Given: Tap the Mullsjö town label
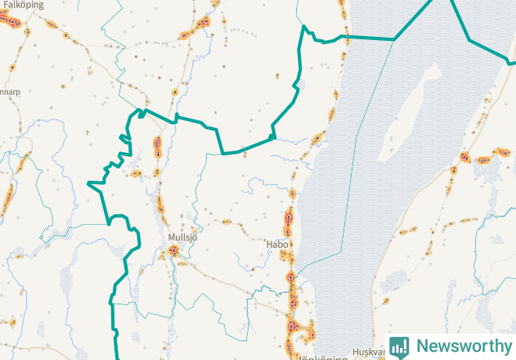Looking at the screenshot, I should point(183,237).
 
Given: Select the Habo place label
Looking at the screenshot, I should point(276,244).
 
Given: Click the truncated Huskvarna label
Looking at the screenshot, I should point(366,353).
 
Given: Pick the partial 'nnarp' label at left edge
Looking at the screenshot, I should point(10,92).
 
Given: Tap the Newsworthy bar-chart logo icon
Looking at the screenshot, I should point(399,346).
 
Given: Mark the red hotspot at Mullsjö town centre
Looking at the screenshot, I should point(174,252).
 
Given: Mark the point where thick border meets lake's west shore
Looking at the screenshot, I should point(348,37).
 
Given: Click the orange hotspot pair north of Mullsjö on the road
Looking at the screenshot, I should point(157,147).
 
